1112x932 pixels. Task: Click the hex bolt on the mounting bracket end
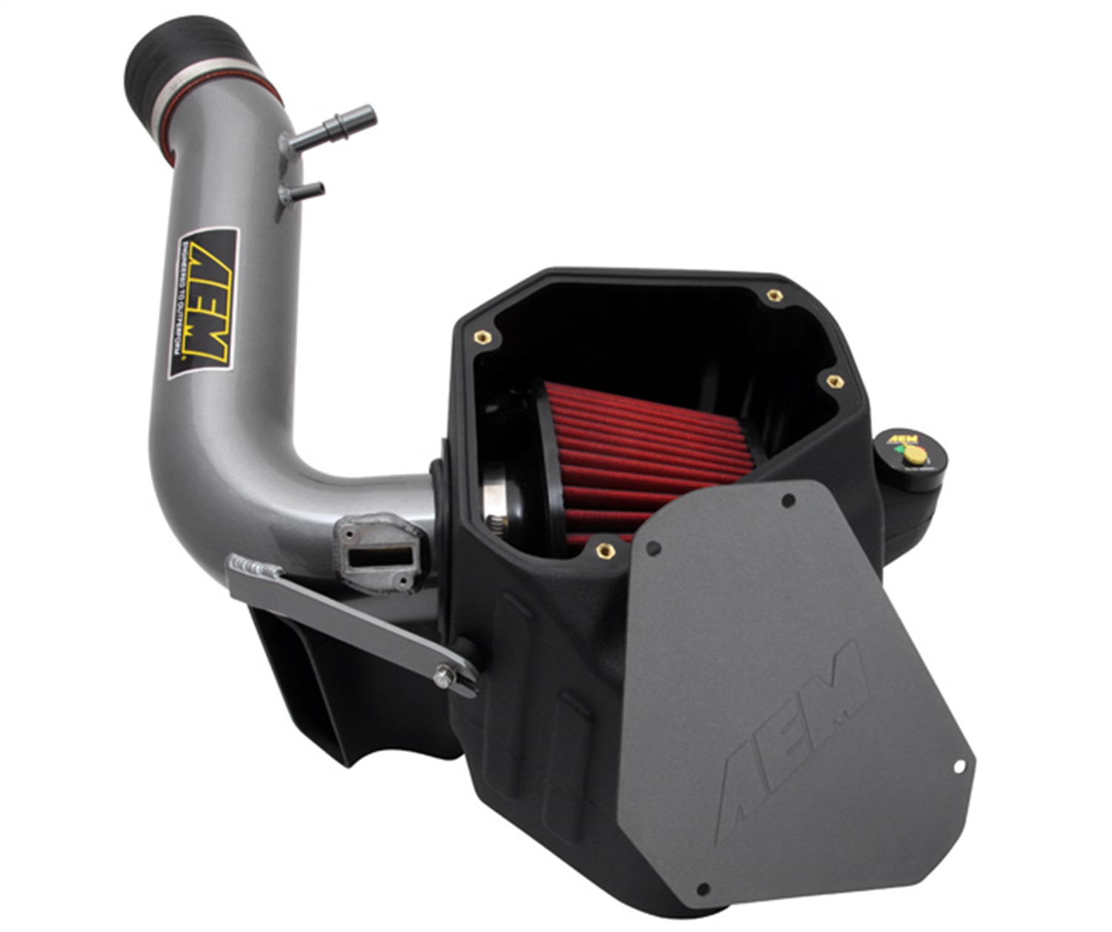[x=443, y=676]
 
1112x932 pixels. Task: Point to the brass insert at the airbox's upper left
[x=483, y=338]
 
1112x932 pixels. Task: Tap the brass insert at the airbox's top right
[x=774, y=296]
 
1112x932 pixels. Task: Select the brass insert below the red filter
[x=605, y=550]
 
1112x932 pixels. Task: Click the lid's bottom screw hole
[x=703, y=889]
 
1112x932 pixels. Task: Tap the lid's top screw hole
[x=788, y=502]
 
